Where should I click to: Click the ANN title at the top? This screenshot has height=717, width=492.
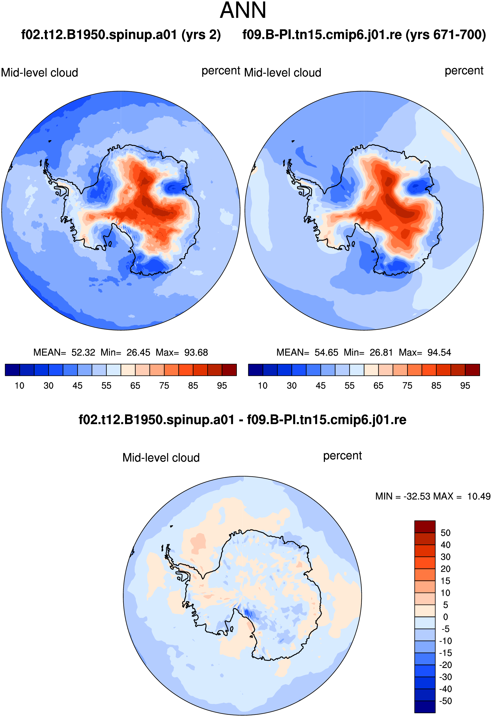243,10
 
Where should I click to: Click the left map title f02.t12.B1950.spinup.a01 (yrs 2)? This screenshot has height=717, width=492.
121,35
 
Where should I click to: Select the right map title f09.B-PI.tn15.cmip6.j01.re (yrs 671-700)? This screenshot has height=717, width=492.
364,35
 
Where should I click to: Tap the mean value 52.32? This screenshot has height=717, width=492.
83,353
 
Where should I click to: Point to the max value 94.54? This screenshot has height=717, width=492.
439,353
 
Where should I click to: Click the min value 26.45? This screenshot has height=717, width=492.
138,353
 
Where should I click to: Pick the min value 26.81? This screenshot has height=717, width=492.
381,353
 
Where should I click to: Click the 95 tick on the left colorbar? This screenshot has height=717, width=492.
222,386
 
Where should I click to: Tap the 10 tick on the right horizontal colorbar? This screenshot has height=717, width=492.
263,386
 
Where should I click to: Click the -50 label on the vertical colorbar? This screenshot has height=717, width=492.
445,701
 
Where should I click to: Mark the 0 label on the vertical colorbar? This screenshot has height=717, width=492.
445,617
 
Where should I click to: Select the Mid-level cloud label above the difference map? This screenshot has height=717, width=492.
161,458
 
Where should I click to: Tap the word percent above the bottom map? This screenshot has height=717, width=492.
342,456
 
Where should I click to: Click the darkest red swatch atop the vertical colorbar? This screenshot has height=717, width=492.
425,527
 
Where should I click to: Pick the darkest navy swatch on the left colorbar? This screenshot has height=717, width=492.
12,370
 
